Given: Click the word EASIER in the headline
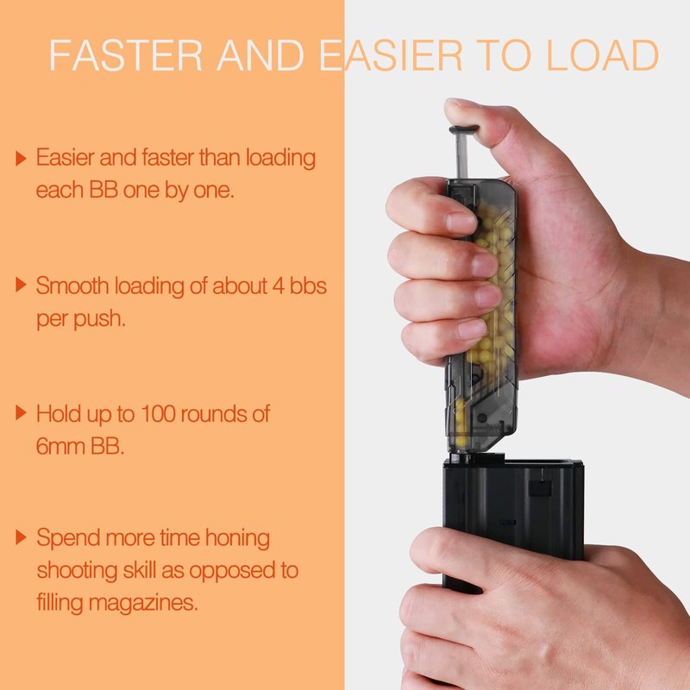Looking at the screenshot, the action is coord(392,55).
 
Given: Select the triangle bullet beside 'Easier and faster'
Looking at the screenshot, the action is coord(21,159).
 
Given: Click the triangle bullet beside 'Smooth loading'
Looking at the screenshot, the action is coord(21,285).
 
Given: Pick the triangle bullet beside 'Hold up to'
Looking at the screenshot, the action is coord(21,413).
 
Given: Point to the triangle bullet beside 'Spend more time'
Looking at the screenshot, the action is coord(21,537).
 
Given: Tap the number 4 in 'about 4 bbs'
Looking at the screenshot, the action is coord(279,286).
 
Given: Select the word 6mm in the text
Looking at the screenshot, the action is coord(60,447).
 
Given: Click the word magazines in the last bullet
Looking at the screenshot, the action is coord(143,603).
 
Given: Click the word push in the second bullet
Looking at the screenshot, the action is coord(100,319).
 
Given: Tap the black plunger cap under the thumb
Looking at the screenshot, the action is coord(464,129).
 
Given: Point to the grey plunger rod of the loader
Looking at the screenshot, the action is coord(461,156).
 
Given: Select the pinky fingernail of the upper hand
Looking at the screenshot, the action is coord(472,329).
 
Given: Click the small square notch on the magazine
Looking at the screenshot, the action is coord(540,488).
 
